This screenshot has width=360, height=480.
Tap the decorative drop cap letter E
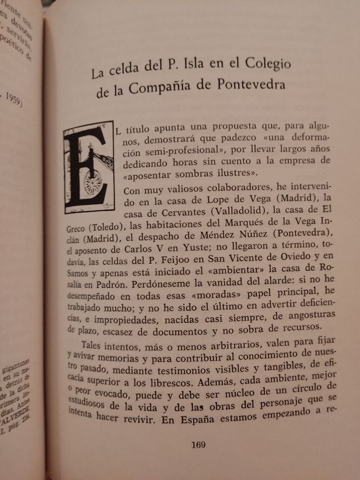(89, 168)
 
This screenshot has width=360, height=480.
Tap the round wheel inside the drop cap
(93, 182)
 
